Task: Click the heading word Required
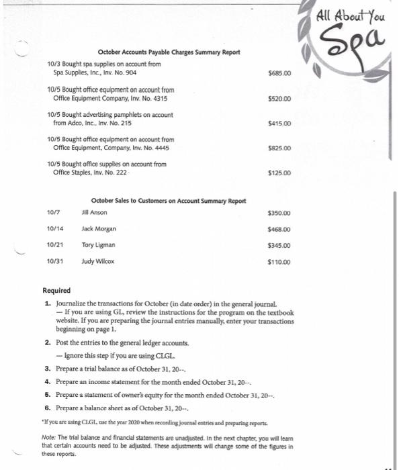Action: [56, 290]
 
